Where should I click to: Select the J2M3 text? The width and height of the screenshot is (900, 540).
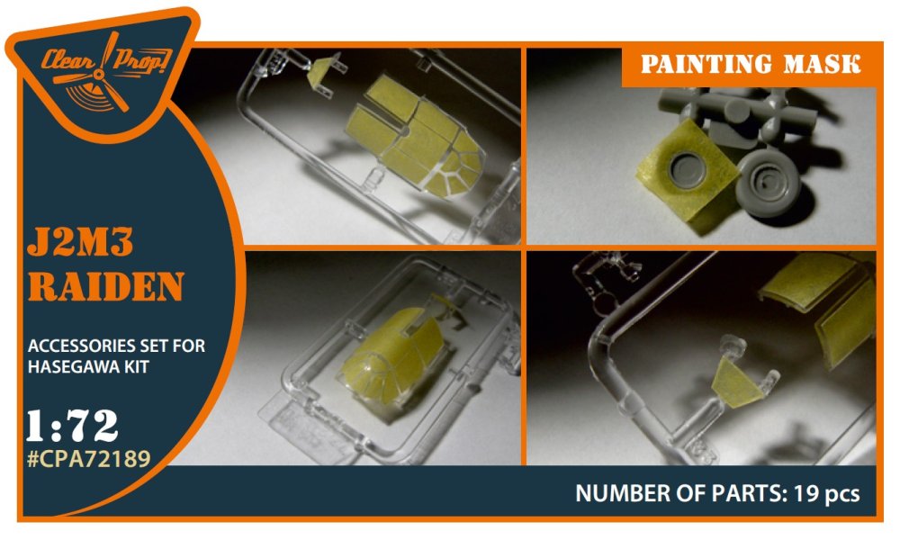pos(80,242)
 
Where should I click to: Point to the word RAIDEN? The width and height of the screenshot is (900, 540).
pos(105,286)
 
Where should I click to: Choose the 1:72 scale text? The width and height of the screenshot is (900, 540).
pos(72,427)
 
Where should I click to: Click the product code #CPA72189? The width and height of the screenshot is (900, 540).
pos(89,458)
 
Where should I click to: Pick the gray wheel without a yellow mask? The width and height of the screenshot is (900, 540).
pos(769,181)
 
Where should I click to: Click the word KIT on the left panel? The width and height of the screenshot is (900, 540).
pos(135,366)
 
